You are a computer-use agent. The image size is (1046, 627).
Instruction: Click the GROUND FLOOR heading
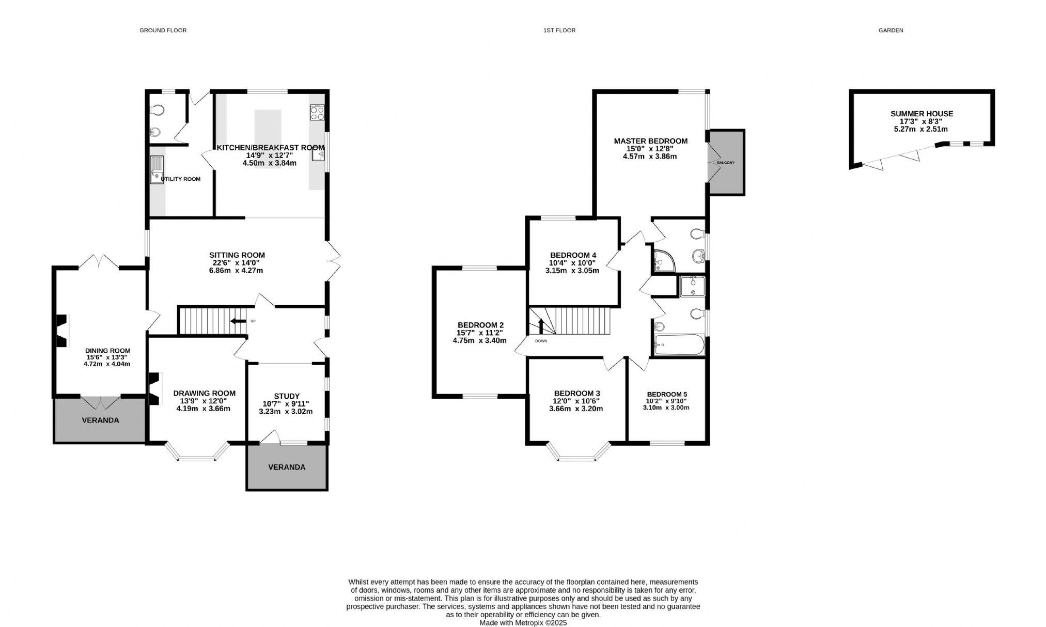(163, 30)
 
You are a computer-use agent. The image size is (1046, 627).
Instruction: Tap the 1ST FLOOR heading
(559, 30)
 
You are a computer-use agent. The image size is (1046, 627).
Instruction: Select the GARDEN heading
(891, 30)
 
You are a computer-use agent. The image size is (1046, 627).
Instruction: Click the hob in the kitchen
(317, 112)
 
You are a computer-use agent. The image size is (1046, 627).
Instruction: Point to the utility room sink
(156, 170)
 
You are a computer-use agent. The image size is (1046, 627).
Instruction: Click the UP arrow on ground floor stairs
(239, 321)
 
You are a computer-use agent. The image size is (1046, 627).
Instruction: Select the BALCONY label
(725, 163)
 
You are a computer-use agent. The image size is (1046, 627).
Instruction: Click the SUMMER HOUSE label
(922, 114)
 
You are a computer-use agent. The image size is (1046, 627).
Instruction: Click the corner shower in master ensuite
(663, 261)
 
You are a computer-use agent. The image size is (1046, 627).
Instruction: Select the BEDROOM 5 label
(666, 394)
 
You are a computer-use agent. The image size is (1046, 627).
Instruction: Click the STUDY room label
(287, 396)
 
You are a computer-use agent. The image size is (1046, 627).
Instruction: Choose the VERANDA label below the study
(287, 467)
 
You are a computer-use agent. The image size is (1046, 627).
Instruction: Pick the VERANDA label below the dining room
(100, 420)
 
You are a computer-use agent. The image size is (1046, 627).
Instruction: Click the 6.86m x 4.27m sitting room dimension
(237, 270)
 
